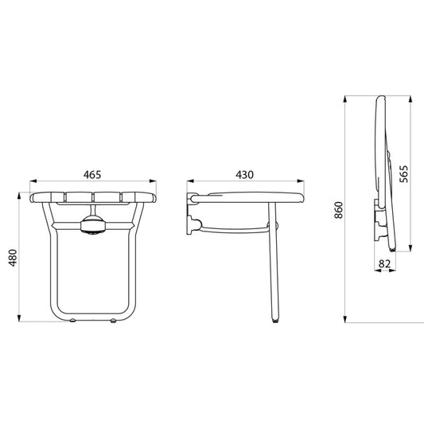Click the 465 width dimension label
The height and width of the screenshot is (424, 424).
point(92,175)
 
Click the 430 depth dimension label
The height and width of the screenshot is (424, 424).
point(244,175)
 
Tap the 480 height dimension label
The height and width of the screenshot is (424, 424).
point(13,258)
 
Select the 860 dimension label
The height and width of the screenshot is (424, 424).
point(339,210)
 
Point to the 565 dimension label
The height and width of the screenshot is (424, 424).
point(403,174)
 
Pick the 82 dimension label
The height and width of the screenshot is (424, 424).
point(384,263)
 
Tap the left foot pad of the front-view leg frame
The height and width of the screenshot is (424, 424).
point(72,321)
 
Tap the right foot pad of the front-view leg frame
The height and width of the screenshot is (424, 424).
point(113,321)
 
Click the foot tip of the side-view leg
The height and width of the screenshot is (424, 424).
point(275,321)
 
